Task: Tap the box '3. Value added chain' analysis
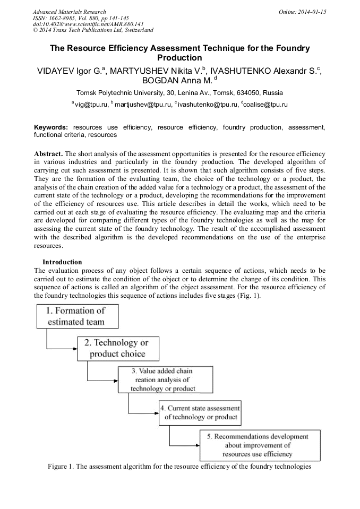(164, 380)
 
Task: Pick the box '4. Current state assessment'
(200, 412)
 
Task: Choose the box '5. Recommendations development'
(259, 446)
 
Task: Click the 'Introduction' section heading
(62, 262)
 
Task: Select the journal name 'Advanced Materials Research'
(69, 12)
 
